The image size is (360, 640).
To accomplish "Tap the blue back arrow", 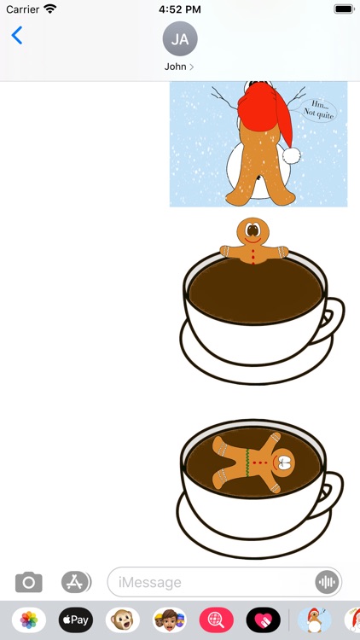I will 16,36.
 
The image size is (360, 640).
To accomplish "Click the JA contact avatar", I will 180,38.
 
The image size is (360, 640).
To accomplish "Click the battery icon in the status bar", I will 344,9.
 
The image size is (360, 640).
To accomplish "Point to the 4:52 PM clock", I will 179,9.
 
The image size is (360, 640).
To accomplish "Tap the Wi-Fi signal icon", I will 50,9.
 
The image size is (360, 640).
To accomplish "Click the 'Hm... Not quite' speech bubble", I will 317,108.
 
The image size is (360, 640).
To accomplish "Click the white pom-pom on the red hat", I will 292,155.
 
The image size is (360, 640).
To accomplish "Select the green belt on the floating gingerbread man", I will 247,463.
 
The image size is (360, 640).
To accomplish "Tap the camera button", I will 29,582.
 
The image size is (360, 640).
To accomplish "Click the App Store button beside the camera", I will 76,582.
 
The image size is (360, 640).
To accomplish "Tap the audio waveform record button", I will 326,582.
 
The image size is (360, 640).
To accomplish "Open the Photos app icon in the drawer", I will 29,620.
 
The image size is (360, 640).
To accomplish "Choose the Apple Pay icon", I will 76,620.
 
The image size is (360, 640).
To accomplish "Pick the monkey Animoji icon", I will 123,620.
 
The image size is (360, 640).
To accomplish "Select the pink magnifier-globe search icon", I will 217,620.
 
